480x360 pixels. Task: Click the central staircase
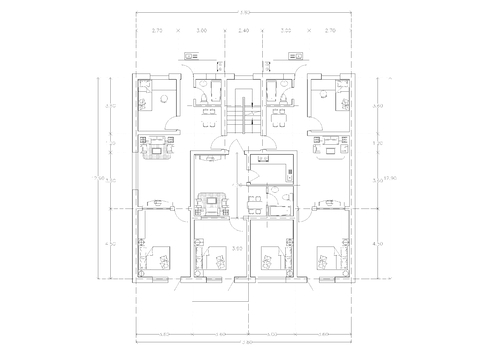(x=240, y=116)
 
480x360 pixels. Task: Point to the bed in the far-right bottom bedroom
(x=324, y=261)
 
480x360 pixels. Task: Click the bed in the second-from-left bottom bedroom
(x=212, y=263)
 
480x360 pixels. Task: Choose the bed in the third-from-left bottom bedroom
(x=267, y=263)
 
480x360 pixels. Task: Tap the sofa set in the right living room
(x=325, y=151)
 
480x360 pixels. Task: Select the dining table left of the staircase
(x=208, y=110)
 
